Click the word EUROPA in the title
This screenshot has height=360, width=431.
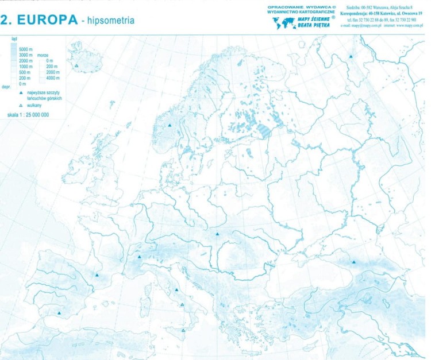47,20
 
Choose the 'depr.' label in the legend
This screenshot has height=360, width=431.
6,87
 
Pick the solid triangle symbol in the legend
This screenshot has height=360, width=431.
21,92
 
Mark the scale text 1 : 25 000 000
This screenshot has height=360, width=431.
28,115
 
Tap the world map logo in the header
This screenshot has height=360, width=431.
283,24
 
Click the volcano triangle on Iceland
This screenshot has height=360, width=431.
76,66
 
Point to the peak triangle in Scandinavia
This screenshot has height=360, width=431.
170,125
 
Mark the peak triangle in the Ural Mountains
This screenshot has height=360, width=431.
351,56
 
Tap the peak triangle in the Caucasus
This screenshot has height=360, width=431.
354,262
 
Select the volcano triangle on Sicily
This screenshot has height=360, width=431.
183,330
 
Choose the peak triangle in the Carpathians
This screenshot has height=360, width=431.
217,234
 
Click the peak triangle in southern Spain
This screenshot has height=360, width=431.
59,313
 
